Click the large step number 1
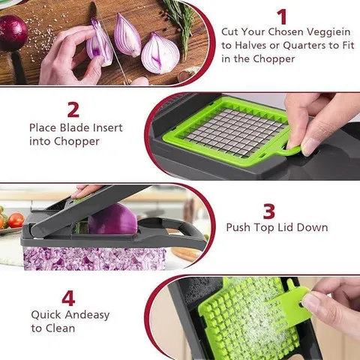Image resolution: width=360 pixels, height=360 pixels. [282, 16]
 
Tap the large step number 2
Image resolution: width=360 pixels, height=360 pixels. [73, 109]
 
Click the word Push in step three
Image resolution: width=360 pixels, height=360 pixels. [239, 226]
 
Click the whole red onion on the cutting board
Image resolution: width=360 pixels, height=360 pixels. [12, 31]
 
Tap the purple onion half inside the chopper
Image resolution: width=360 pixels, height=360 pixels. [112, 220]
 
